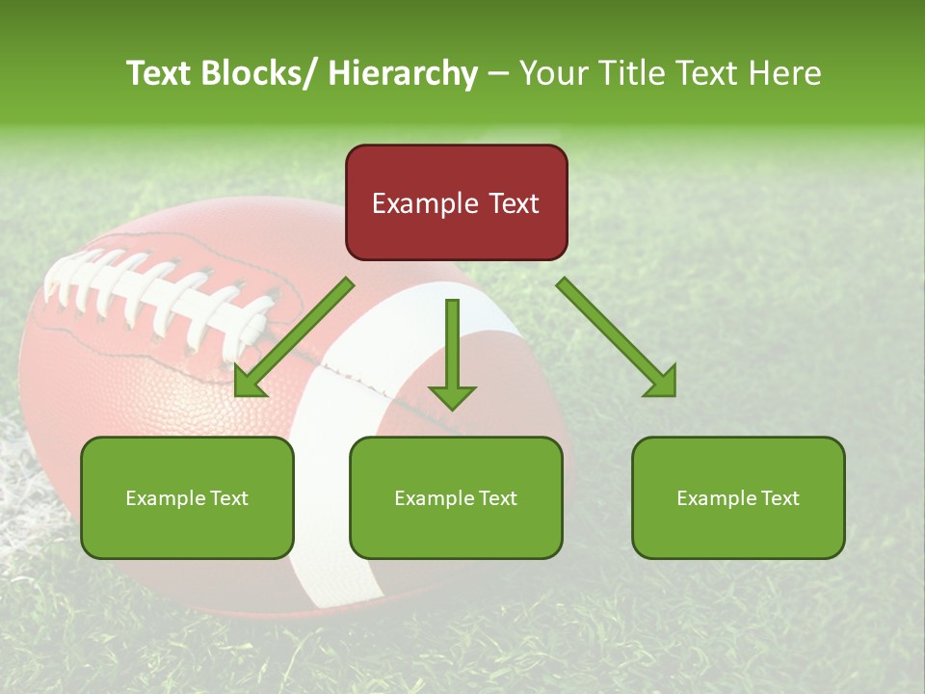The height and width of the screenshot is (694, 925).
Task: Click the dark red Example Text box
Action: point(456,202)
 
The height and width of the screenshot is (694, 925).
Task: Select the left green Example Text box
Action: point(187,497)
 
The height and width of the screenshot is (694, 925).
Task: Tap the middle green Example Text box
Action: point(456,497)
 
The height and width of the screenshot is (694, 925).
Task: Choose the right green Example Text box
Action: point(738,497)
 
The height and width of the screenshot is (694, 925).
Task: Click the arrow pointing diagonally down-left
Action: point(294,336)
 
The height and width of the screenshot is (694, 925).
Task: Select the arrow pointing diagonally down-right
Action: point(617,336)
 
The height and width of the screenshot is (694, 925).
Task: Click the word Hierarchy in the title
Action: point(403,73)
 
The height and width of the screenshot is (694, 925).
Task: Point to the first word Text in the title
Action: point(160,73)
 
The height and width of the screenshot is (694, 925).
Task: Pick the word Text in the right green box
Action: point(780,497)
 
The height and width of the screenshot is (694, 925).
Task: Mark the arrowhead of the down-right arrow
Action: point(663,383)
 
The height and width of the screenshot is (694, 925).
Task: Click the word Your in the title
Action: point(552,73)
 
